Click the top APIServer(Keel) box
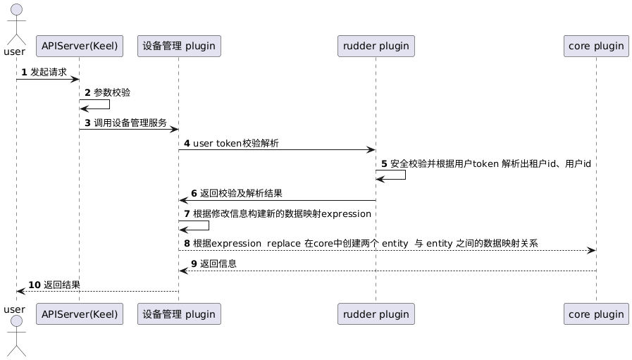[x=79, y=46]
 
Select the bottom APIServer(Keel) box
[x=79, y=314]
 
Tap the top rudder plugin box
[x=376, y=46]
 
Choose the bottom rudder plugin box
[x=376, y=314]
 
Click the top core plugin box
[x=596, y=46]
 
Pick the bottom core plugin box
[x=596, y=314]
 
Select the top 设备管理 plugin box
[x=179, y=46]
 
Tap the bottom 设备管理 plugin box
[x=179, y=314]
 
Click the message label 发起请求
[x=49, y=72]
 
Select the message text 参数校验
[x=112, y=92]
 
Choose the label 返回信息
[x=218, y=264]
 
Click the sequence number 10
[x=35, y=285]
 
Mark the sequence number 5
[x=384, y=163]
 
